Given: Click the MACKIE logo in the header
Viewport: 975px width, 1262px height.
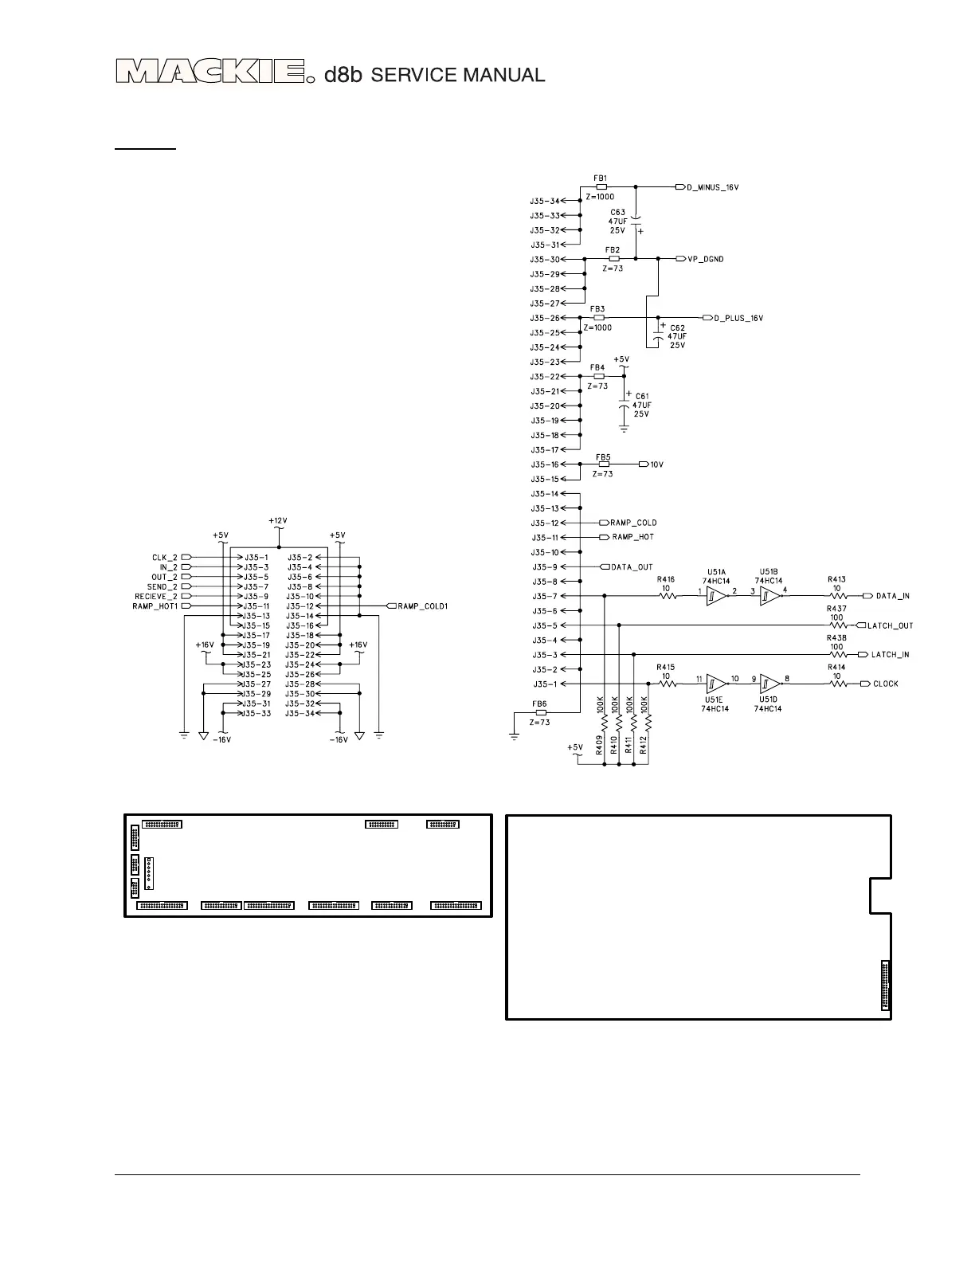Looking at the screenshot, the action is [x=211, y=73].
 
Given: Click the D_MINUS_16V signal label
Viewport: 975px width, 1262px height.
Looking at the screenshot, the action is [x=714, y=187].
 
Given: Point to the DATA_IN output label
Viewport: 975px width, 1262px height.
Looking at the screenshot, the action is [x=892, y=596].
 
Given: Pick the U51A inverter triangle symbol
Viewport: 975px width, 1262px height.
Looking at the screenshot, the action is [x=715, y=596].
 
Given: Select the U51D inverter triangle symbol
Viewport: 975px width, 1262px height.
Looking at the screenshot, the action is [x=769, y=684].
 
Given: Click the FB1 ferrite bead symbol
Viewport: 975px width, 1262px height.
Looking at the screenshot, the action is [x=601, y=187].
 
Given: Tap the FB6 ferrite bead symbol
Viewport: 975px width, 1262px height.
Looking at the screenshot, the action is [x=541, y=712].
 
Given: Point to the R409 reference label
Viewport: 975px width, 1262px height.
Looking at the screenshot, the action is [x=599, y=745].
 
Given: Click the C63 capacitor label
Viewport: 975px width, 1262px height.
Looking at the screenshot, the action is [x=617, y=213].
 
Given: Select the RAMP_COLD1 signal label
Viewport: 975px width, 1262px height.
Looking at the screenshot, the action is [x=423, y=606].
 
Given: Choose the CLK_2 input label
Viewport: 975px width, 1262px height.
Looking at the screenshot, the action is [x=165, y=557].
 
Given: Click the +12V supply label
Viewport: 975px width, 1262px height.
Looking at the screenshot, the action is [x=277, y=520].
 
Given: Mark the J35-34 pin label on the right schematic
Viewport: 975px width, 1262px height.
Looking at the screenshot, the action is [x=545, y=201].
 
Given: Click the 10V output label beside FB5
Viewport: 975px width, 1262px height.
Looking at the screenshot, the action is [x=656, y=464].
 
